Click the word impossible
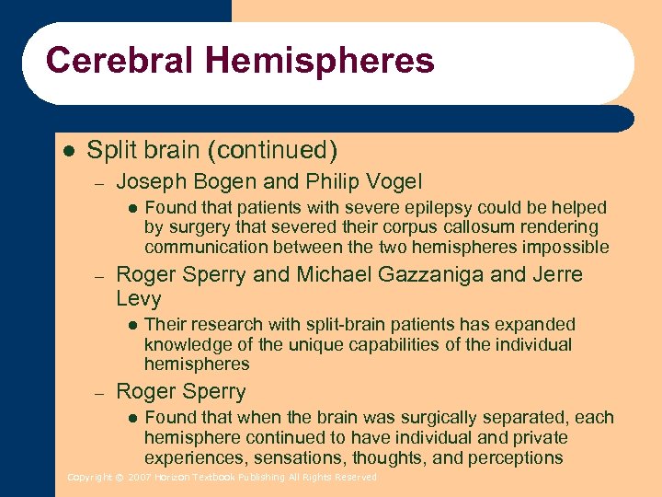pos(565,247)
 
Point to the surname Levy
pos(139,299)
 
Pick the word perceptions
pos(517,457)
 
